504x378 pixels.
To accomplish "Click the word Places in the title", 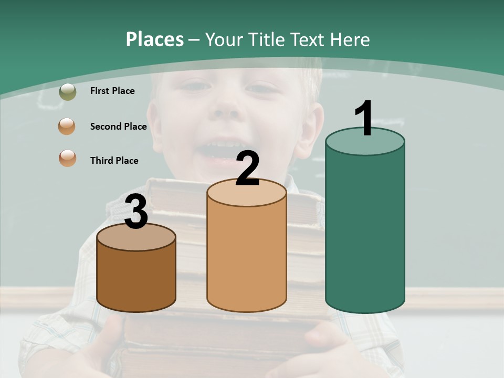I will pos(155,39).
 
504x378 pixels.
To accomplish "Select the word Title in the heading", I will pos(266,39).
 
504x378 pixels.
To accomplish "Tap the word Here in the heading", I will pos(350,39).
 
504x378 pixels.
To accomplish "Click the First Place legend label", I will pos(112,91).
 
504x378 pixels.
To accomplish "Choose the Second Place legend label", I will pos(118,127).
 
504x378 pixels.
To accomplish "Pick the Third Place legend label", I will pos(114,161).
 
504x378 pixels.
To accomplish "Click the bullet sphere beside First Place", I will pos(67,91).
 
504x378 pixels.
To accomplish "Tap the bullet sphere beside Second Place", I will pos(67,127).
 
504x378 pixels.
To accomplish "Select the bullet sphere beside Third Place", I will pos(67,158).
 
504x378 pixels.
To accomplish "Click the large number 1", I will pos(364,119).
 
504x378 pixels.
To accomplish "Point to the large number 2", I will pos(247,169).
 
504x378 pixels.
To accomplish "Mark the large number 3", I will pos(136,212).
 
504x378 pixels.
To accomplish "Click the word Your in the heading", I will pos(224,39).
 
